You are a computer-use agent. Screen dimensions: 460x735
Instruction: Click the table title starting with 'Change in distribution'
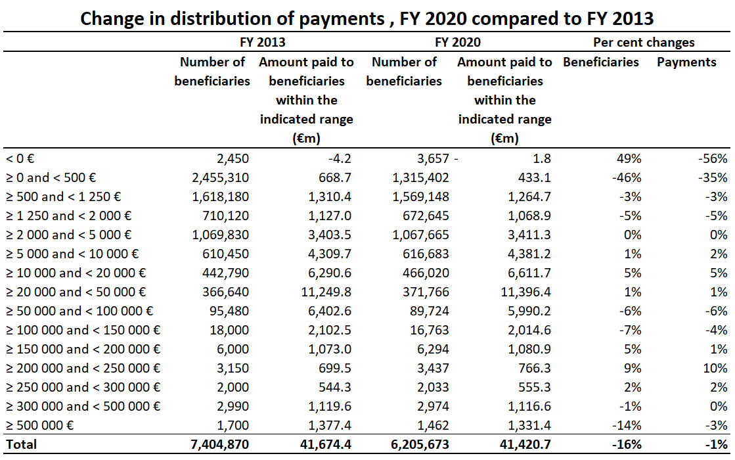[x=367, y=18]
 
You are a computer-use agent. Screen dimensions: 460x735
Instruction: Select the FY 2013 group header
[x=262, y=43]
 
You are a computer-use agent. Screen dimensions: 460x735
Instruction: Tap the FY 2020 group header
[x=458, y=43]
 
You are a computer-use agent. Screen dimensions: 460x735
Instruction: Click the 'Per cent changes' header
[x=644, y=43]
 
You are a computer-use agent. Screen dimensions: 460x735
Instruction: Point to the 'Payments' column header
[x=686, y=62]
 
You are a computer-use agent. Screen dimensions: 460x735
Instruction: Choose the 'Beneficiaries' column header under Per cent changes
[x=600, y=62]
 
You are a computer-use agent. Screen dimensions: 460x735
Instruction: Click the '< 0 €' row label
[x=20, y=158]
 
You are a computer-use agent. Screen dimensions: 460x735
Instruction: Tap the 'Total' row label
[x=21, y=444]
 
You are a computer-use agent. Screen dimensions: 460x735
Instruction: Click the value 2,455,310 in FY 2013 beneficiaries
[x=219, y=177]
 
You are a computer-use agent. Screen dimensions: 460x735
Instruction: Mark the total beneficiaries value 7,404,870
[x=219, y=444]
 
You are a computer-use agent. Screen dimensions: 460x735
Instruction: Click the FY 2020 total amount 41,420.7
[x=525, y=444]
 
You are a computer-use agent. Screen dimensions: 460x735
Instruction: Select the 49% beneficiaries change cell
[x=630, y=158]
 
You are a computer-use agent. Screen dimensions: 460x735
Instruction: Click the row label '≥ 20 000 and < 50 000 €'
[x=76, y=292]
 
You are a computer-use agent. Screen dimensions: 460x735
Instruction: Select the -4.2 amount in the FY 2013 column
[x=340, y=158]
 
